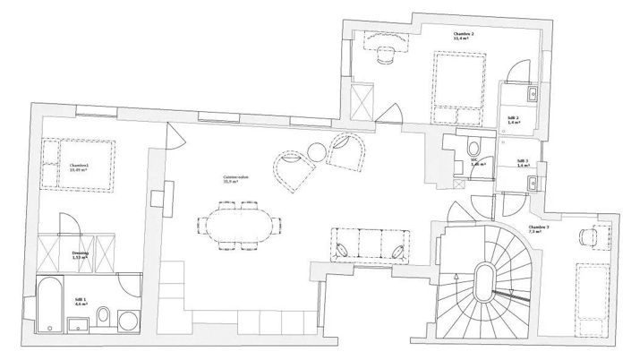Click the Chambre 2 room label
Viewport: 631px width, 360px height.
pos(463,37)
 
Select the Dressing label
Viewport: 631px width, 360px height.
pos(80,254)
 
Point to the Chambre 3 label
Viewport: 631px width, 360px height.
pos(539,227)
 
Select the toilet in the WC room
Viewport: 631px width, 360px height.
pos(474,148)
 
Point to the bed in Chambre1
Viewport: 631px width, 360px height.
pos(80,166)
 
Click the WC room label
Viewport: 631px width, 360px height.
pos(476,164)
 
